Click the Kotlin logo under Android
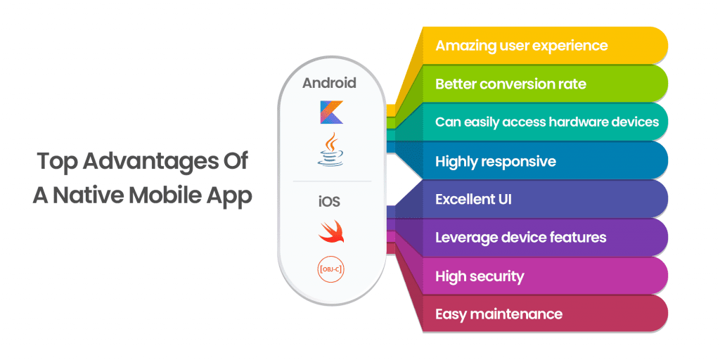(330, 112)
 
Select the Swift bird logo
(330, 231)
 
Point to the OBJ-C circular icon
(330, 269)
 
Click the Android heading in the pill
(329, 83)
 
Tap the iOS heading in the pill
(330, 202)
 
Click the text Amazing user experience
(521, 46)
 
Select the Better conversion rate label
(510, 84)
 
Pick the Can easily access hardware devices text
(547, 122)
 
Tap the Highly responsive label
(495, 161)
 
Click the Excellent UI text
(473, 199)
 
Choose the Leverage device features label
(520, 238)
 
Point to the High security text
(480, 276)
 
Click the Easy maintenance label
(499, 314)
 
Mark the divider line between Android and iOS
(330, 181)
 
